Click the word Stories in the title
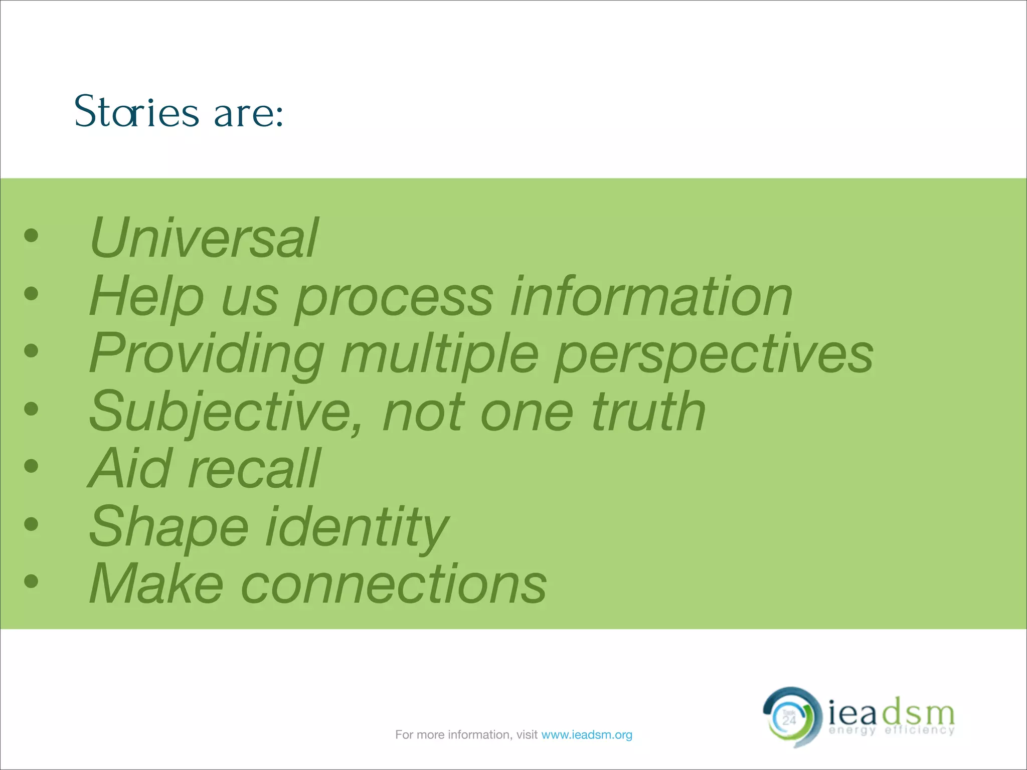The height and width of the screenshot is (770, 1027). [x=136, y=112]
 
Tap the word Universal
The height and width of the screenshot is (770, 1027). [x=203, y=238]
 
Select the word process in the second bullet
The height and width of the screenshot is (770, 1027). [x=394, y=298]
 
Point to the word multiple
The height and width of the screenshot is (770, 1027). [x=440, y=355]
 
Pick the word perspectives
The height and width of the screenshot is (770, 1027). [x=714, y=355]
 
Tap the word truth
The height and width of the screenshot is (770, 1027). [x=648, y=412]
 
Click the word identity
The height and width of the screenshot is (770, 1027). [x=357, y=527]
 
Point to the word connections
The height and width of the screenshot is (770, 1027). [x=394, y=585]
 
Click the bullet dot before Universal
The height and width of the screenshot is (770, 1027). [x=31, y=235]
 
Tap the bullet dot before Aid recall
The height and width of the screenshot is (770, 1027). [x=31, y=466]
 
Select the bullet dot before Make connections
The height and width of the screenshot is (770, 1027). [x=31, y=581]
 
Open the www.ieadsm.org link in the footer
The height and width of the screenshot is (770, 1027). [x=587, y=735]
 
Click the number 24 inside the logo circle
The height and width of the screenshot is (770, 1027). [x=789, y=720]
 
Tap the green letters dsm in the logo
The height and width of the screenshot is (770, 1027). [x=918, y=712]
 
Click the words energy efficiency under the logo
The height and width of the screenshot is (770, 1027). [x=892, y=730]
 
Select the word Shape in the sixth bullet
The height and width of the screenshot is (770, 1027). [x=168, y=527]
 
